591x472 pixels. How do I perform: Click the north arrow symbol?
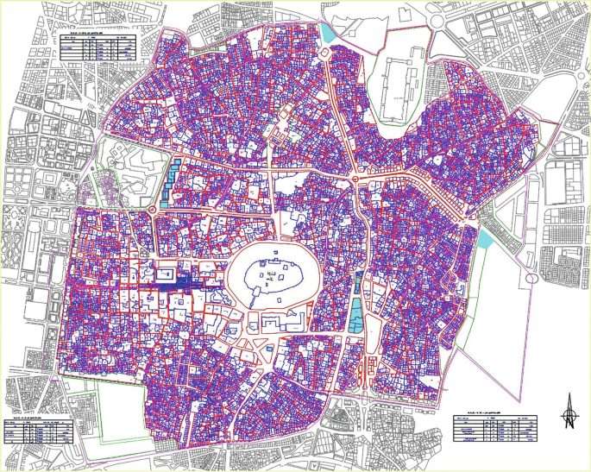[569, 412]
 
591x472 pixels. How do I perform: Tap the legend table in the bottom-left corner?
[38, 432]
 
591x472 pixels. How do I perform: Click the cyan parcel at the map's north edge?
[328, 33]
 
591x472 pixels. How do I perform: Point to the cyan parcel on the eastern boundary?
[485, 237]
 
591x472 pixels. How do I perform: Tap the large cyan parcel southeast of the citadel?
[356, 314]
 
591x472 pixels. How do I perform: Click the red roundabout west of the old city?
[152, 210]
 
